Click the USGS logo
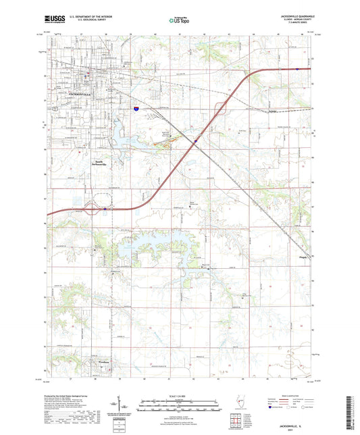pos(51,21)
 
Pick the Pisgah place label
pos(303,257)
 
